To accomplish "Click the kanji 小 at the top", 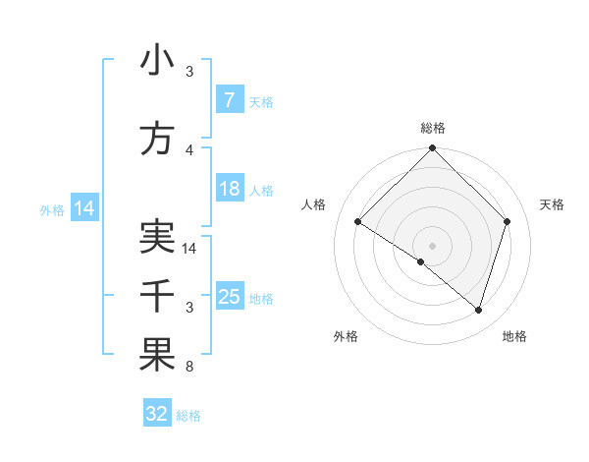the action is coord(157,61).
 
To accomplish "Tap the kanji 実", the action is coord(157,238).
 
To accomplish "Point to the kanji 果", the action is coord(157,356).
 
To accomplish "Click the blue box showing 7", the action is coord(229,100).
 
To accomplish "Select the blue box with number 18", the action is coord(229,189).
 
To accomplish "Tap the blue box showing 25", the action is coord(229,297).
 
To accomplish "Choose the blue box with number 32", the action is coord(157,414).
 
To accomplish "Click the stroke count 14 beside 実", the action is coord(190,249).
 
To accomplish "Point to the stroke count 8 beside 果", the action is coord(189,367).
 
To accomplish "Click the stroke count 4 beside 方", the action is coord(189,150).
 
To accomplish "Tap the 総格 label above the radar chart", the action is coord(432,128).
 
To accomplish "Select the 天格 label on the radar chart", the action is coord(553,204).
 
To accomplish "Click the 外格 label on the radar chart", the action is coord(346,336).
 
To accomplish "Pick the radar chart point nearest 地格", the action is coord(478,310).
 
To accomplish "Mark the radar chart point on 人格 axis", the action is coord(358,222).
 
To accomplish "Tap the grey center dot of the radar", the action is coord(432,245).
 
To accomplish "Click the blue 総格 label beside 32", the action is coord(188,416).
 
